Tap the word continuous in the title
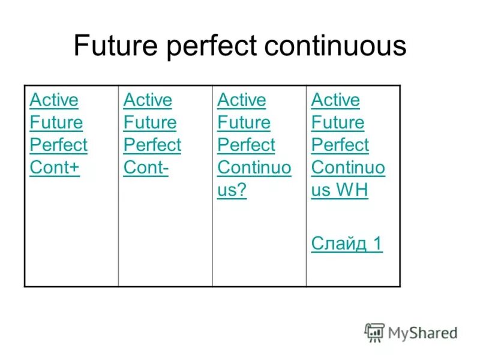click(x=334, y=47)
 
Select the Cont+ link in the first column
click(x=55, y=168)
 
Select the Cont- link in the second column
click(x=146, y=168)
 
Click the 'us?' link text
click(x=232, y=191)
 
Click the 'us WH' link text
click(x=339, y=191)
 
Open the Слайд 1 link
click(x=346, y=243)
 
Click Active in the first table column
click(x=54, y=100)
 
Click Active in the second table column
click(x=148, y=100)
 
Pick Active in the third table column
click(x=241, y=100)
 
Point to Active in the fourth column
click(x=335, y=100)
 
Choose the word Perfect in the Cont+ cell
click(x=58, y=145)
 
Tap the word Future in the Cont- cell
click(x=150, y=122)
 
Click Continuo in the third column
click(x=254, y=168)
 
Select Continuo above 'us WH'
click(x=348, y=168)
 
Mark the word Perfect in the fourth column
click(x=340, y=145)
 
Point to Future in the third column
click(x=244, y=122)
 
